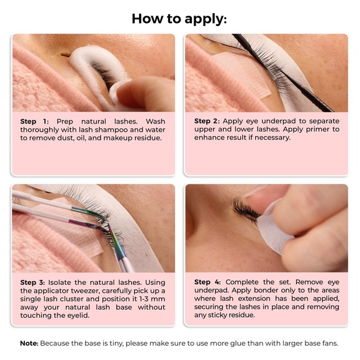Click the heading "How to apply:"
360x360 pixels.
179,19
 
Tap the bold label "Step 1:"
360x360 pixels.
34,122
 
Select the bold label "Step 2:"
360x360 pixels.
207,121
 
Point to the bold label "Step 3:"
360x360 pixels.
32,282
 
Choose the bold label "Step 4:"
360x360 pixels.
207,282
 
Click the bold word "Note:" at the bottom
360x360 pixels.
29,343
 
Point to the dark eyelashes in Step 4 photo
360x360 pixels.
246,209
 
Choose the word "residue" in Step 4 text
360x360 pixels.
243,315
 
